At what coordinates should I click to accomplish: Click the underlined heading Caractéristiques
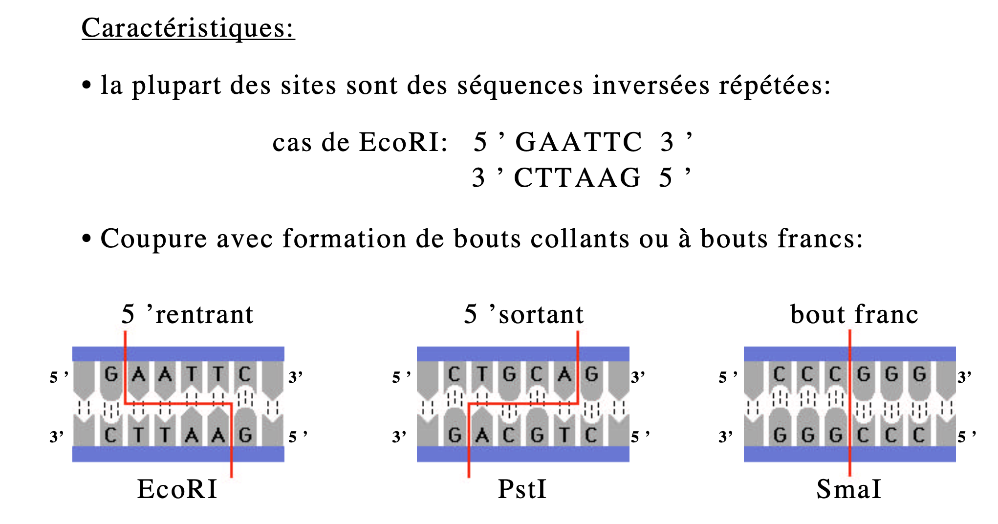(x=188, y=28)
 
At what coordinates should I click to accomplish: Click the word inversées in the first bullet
(x=651, y=86)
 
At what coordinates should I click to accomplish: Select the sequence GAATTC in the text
(x=578, y=142)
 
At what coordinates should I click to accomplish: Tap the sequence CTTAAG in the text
(x=577, y=177)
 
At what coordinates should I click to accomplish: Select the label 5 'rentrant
(x=188, y=314)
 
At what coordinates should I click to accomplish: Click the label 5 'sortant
(x=524, y=314)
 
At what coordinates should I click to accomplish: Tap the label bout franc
(x=854, y=314)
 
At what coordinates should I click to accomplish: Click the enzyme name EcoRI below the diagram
(x=177, y=489)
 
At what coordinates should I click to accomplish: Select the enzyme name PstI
(x=522, y=489)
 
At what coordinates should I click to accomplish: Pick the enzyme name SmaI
(x=849, y=489)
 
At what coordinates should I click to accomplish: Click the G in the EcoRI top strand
(x=111, y=375)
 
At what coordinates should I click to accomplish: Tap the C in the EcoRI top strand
(x=244, y=375)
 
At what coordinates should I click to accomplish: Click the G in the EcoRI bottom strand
(x=245, y=435)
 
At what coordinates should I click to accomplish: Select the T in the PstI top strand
(x=482, y=375)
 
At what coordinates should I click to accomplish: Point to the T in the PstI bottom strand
(x=564, y=435)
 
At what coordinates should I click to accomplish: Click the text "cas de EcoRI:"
(x=360, y=143)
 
